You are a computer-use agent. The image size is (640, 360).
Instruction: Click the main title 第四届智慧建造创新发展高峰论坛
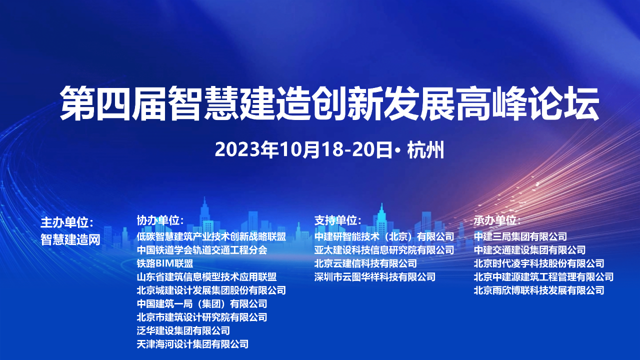pyautogui.click(x=329, y=103)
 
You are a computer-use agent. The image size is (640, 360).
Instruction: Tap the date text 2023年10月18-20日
pyautogui.click(x=303, y=149)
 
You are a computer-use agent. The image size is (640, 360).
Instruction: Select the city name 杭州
pyautogui.click(x=425, y=149)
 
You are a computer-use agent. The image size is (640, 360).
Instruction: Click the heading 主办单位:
pyautogui.click(x=67, y=222)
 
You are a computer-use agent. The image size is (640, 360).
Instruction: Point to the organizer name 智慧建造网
pyautogui.click(x=70, y=239)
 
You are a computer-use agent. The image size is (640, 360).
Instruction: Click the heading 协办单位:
pyautogui.click(x=160, y=220)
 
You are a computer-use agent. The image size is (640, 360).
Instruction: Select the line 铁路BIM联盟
pyautogui.click(x=165, y=263)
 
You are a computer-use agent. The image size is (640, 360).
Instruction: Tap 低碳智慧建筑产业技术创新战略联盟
pyautogui.click(x=211, y=236)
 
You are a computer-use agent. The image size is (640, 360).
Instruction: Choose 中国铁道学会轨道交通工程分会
pyautogui.click(x=202, y=250)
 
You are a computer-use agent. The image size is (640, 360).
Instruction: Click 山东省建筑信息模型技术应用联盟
pyautogui.click(x=206, y=277)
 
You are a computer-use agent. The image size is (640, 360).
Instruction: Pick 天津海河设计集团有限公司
pyautogui.click(x=192, y=344)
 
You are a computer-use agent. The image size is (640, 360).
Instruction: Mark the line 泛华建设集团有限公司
pyautogui.click(x=183, y=330)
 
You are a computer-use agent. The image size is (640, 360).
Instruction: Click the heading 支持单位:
pyautogui.click(x=338, y=220)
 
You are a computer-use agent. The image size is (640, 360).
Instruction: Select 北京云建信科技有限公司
pyautogui.click(x=365, y=263)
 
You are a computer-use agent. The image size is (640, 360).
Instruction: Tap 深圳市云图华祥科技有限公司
pyautogui.click(x=375, y=277)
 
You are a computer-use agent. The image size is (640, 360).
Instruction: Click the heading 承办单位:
pyautogui.click(x=497, y=220)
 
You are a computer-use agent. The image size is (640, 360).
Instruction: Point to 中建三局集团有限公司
pyautogui.click(x=520, y=236)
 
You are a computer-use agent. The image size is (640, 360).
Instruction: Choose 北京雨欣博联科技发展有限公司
pyautogui.click(x=539, y=290)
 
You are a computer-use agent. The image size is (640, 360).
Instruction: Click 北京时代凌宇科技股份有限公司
pyautogui.click(x=539, y=263)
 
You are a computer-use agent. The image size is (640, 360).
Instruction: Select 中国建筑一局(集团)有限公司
pyautogui.click(x=202, y=303)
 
